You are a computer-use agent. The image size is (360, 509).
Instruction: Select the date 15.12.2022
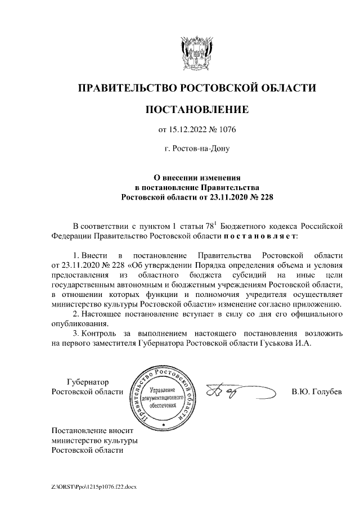coord(188,130)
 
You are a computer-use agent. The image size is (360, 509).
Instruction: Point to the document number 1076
coord(226,130)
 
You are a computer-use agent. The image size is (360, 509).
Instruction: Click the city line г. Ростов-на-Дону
coord(197,150)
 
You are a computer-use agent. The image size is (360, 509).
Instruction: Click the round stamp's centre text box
coord(164,398)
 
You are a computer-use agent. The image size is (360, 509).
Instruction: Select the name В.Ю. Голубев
coord(316,391)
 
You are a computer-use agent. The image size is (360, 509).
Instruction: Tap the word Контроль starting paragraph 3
coord(99,332)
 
